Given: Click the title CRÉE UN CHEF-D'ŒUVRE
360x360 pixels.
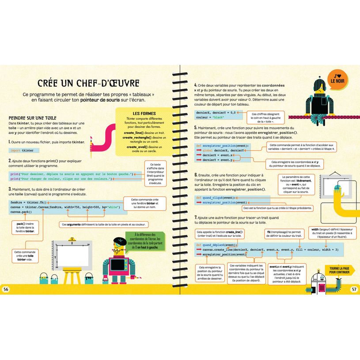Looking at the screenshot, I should (x=88, y=83).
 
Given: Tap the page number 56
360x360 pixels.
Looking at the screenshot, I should (x=6, y=289).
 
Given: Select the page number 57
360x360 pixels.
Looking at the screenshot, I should (x=354, y=289).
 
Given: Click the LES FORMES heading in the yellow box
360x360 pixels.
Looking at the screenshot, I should (x=144, y=114).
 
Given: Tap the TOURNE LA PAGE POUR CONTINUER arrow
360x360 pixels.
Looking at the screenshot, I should (x=339, y=270).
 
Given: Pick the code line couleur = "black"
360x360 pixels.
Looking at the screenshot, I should (x=211, y=118).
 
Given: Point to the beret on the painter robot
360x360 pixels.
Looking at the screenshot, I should (x=119, y=241).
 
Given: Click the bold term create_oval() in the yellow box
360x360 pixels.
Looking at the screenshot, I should (x=138, y=147).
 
